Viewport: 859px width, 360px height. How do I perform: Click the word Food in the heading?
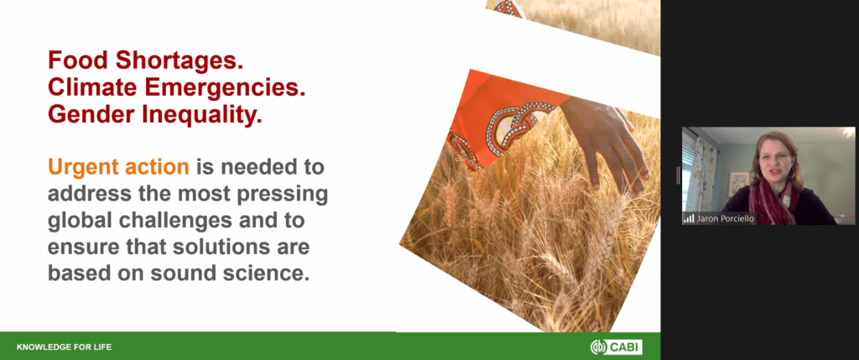tap(76, 60)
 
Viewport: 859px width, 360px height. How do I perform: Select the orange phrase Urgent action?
tap(119, 167)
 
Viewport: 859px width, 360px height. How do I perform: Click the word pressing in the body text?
tap(282, 195)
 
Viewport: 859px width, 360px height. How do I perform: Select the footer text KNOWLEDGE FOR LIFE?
tap(64, 347)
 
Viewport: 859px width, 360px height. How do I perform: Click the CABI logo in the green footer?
tap(617, 347)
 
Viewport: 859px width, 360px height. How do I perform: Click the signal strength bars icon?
tap(688, 219)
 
